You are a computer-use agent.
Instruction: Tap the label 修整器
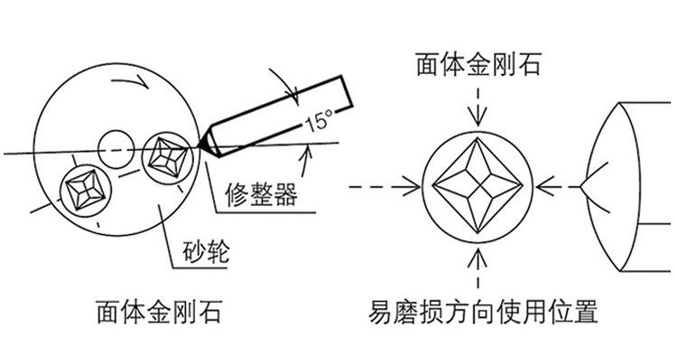(x=260, y=192)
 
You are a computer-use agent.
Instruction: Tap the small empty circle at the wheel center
(x=116, y=147)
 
